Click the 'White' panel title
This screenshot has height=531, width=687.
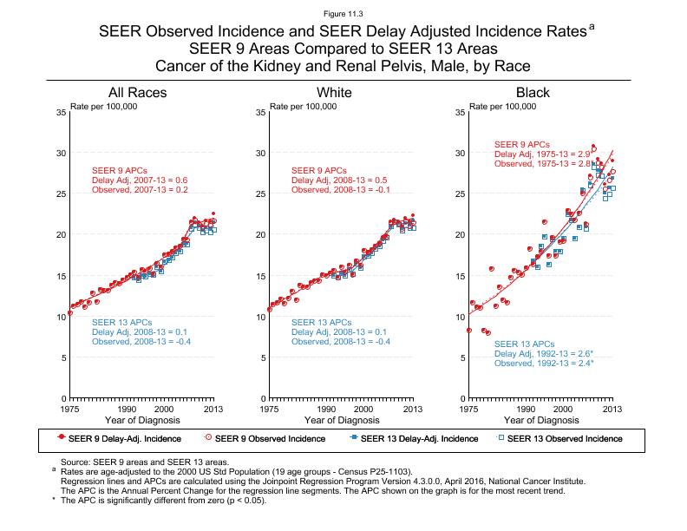pos(334,93)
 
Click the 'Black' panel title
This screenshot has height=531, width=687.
pos(533,93)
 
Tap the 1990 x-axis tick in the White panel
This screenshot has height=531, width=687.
pos(326,409)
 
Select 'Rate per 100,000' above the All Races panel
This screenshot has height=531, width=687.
pos(104,106)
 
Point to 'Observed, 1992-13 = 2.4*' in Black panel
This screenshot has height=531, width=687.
pos(544,364)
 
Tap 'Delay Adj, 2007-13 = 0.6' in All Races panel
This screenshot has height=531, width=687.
pos(140,180)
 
